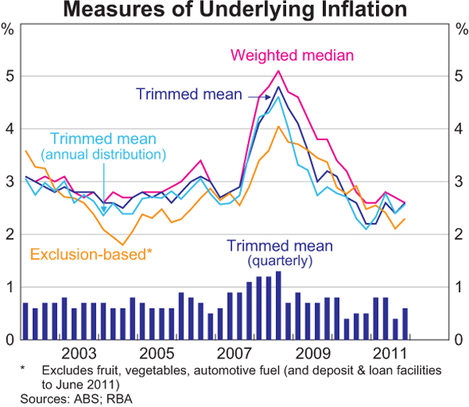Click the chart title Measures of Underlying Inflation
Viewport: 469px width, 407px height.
234,10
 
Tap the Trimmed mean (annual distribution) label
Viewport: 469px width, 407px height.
98,146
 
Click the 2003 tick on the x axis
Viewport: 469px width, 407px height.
80,353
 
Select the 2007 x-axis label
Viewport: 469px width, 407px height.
234,353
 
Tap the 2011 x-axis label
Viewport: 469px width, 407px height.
388,353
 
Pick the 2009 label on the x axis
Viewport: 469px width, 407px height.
310,353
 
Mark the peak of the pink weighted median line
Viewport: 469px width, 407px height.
278,71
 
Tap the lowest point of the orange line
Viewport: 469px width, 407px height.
122,244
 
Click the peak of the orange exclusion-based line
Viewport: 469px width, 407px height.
278,126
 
